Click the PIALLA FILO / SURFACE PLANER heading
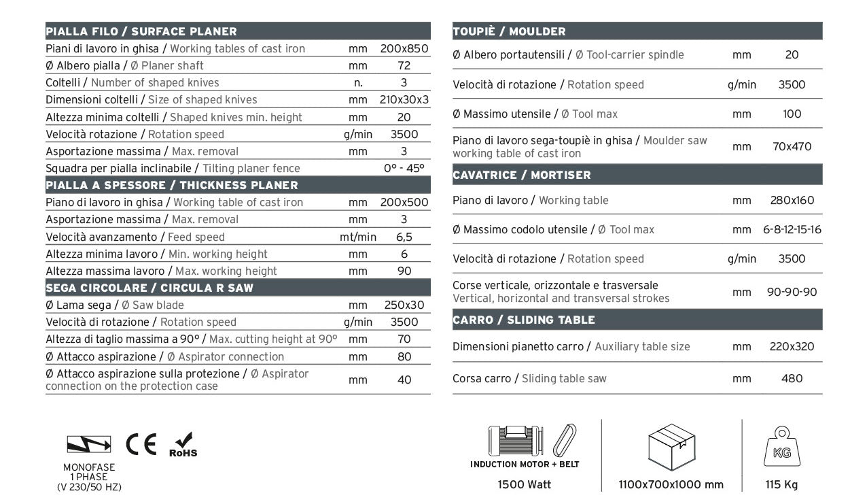pos(141,31)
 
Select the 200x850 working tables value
pos(404,49)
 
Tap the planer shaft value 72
pos(404,66)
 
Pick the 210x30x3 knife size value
pos(404,100)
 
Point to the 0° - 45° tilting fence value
pos(404,168)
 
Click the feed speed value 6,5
pos(404,237)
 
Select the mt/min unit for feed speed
pos(358,237)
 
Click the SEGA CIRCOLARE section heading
pos(149,288)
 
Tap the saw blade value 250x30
pos(404,305)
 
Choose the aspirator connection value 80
pos(404,356)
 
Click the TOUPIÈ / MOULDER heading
pos(509,31)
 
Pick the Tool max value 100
pos(792,114)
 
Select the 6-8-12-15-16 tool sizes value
pos(792,229)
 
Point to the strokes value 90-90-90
pos(792,292)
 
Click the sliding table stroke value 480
pos(792,378)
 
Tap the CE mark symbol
pos(141,443)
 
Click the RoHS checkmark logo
pos(183,445)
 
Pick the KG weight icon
pos(781,448)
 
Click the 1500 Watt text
pos(524,485)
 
